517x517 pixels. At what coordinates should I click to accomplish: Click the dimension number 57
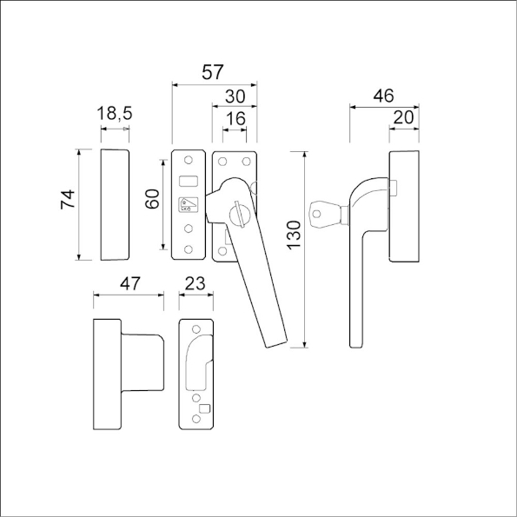click(212, 73)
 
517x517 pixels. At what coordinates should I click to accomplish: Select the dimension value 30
click(235, 96)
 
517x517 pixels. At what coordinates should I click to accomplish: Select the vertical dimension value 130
click(293, 235)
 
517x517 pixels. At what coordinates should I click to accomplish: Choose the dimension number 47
click(129, 282)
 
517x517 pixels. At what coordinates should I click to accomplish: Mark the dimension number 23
click(196, 282)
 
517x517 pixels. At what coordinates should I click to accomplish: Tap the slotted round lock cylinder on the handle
click(241, 210)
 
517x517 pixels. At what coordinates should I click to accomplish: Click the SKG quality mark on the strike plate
click(188, 206)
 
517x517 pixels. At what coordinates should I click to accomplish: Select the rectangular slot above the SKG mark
click(189, 180)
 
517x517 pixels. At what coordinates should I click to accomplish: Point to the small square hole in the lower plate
click(205, 408)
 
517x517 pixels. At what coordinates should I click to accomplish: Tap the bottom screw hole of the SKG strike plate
click(189, 249)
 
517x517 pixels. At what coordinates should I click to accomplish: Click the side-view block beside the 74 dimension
click(116, 204)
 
